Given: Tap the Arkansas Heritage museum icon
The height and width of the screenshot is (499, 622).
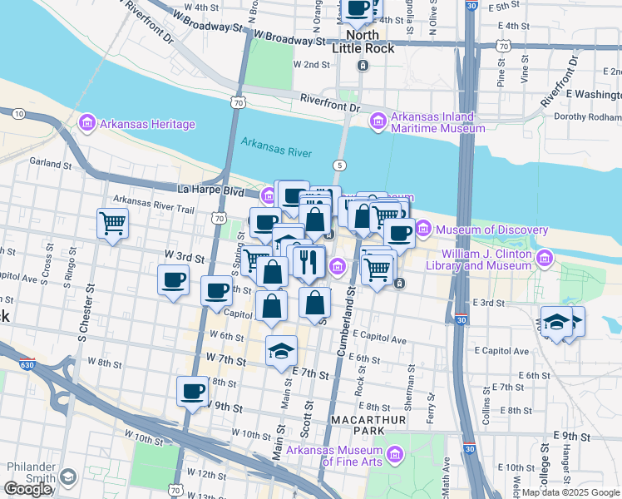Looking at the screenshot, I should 87,125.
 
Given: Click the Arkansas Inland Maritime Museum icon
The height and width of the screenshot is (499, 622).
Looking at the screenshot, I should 378,122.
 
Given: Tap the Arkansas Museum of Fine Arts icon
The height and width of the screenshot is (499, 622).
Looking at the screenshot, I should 394,454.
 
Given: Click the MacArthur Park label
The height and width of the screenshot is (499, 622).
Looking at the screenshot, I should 368,426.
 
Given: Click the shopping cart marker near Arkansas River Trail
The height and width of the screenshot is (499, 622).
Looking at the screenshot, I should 112,222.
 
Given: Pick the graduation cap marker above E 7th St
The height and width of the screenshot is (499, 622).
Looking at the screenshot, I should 282,349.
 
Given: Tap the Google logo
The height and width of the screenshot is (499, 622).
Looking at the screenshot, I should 29,489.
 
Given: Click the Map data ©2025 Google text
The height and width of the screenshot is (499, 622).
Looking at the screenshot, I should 570,492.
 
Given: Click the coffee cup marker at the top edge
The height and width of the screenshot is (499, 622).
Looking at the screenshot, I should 358,8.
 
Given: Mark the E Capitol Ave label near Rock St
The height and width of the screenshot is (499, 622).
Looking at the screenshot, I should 378,340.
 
